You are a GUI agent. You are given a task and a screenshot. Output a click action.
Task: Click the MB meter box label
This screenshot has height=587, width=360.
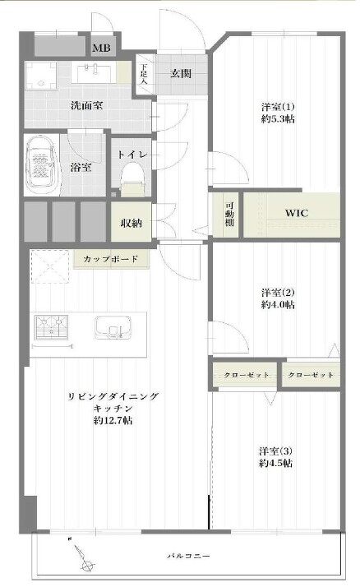(101, 48)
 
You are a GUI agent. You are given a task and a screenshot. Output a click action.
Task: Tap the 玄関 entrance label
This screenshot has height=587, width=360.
(181, 73)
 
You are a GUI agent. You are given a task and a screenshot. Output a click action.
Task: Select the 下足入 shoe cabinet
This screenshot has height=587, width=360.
(145, 74)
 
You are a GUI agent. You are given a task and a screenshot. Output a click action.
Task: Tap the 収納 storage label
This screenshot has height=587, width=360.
(132, 223)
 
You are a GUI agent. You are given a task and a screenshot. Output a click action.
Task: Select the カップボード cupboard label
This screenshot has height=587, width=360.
(111, 258)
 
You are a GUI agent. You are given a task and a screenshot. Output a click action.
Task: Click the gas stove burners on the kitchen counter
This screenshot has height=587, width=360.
(51, 327)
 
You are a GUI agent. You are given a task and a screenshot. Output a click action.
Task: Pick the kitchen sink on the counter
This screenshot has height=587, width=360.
(113, 328)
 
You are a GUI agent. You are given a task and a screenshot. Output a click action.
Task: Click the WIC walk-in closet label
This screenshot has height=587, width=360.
(297, 214)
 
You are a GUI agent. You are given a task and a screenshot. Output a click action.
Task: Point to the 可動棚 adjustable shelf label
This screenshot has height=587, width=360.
(229, 214)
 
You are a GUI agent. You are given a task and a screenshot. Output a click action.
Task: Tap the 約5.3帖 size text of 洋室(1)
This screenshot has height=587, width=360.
(278, 119)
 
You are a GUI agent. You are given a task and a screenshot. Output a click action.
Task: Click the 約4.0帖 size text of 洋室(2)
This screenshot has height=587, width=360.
(278, 305)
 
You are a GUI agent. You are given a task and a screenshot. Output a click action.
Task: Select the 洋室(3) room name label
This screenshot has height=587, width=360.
(276, 451)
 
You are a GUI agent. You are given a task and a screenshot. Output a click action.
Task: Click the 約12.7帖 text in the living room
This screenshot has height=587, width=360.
(113, 420)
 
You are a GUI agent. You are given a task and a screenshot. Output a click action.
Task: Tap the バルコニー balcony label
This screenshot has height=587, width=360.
(188, 556)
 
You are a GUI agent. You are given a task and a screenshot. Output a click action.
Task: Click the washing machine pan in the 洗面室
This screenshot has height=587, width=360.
(41, 76)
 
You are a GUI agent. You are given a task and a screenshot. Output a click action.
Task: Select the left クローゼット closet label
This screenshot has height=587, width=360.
(247, 375)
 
